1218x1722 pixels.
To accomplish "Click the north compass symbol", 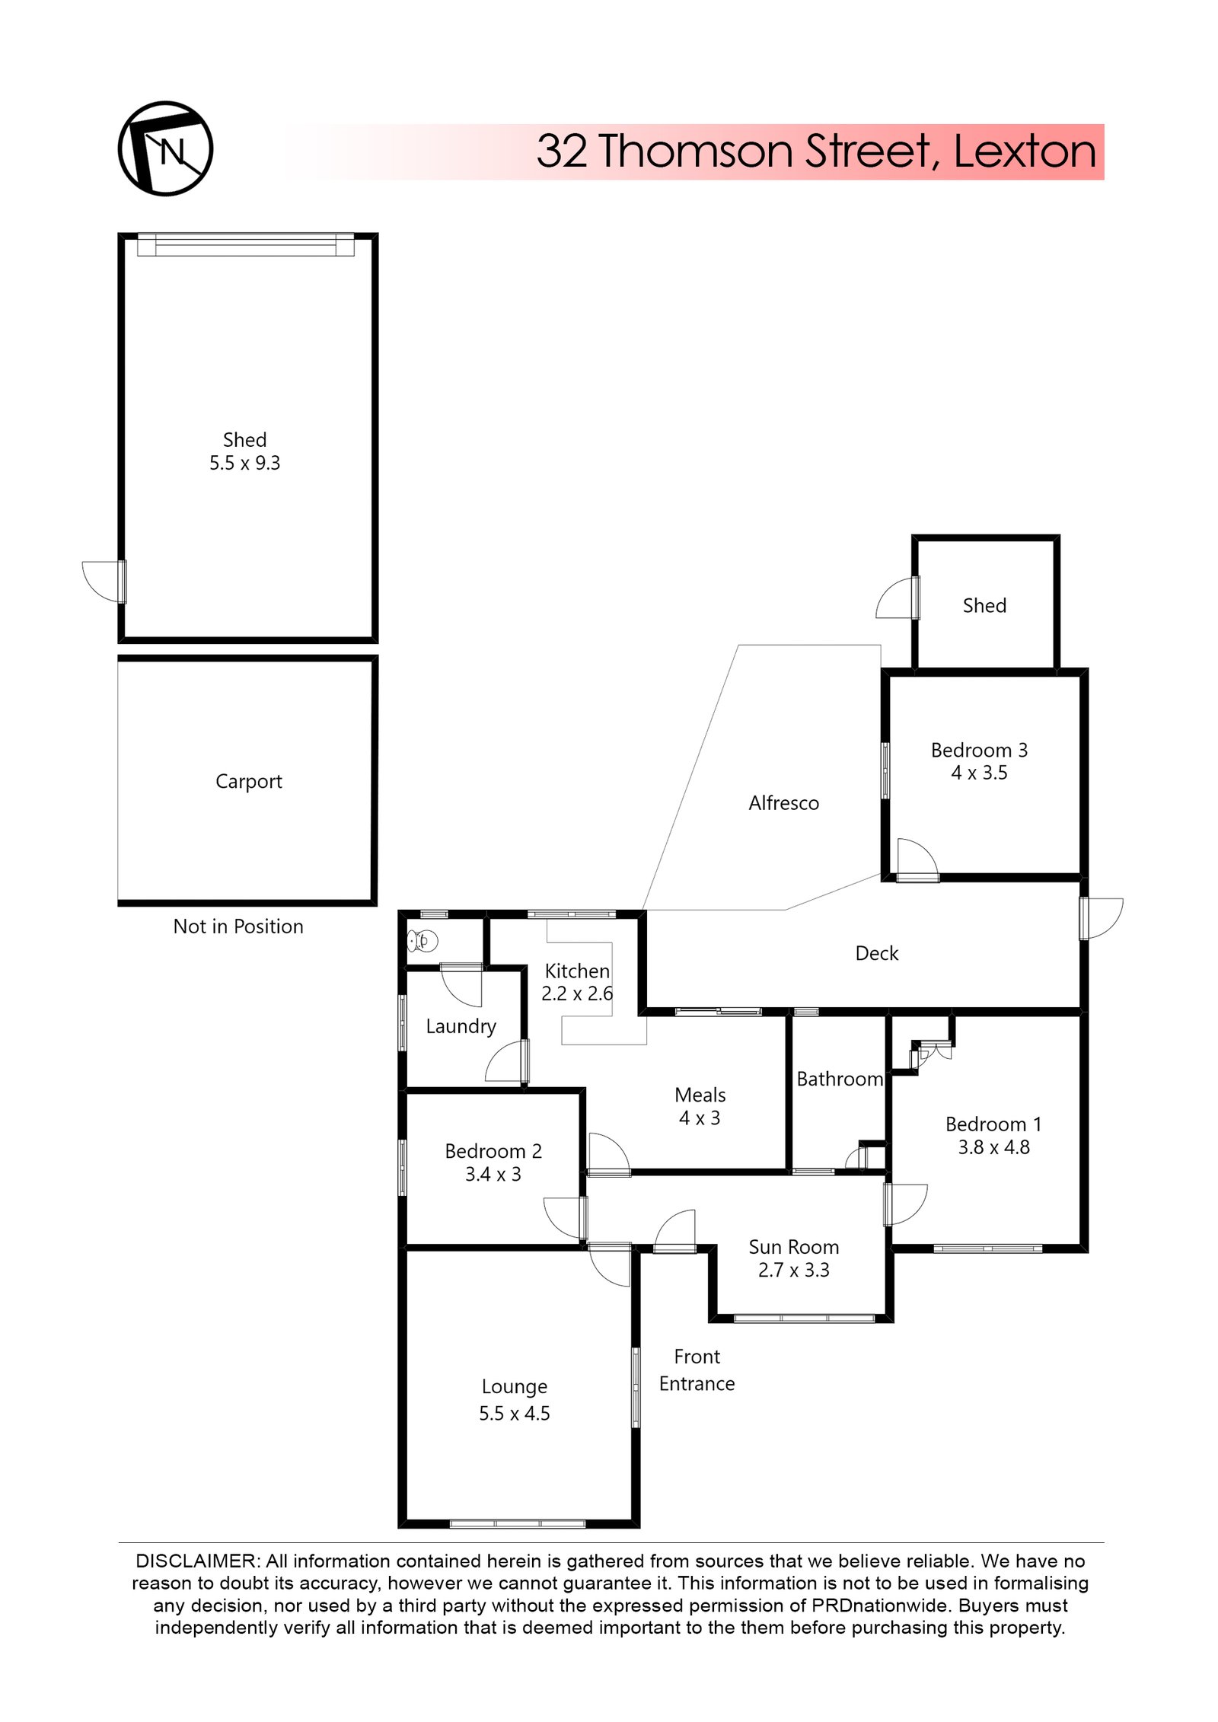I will point(165,148).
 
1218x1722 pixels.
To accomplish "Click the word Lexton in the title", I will point(1024,151).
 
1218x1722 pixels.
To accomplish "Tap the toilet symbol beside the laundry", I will point(422,941).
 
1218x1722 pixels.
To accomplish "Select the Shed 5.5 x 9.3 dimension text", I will point(244,463).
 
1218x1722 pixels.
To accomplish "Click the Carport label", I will point(248,781).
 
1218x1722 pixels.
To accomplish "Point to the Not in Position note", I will point(238,926).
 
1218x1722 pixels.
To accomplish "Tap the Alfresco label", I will point(783,803).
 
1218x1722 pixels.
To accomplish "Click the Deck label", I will point(876,953).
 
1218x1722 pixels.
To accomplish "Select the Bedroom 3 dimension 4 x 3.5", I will point(979,773).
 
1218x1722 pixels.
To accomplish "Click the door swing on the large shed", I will point(103,582).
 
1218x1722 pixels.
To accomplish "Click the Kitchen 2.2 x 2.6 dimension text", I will point(576,993).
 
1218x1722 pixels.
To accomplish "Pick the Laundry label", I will point(461,1026).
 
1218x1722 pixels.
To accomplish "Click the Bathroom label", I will point(839,1079).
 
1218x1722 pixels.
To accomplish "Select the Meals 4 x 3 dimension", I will point(699,1118).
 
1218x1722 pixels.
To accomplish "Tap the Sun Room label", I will point(793,1247).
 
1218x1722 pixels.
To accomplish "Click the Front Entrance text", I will point(697,1370).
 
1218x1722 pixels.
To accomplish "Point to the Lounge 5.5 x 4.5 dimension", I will point(514,1414).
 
